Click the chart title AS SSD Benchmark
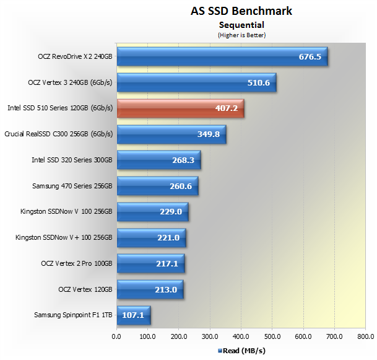[241, 11]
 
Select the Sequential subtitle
[241, 25]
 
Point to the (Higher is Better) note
[241, 35]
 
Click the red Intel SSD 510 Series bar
[181, 108]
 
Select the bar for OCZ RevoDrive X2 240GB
[222, 56]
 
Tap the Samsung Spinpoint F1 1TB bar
[134, 315]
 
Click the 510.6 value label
[259, 83]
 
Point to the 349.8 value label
[209, 134]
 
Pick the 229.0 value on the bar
[171, 212]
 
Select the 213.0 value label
[166, 289]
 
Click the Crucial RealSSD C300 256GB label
[58, 134]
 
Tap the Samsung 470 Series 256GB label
[72, 186]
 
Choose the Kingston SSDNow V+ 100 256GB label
[64, 237]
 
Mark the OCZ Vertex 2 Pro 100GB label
[77, 263]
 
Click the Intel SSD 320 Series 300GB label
[72, 160]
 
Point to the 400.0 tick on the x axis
[241, 336]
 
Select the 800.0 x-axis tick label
[366, 336]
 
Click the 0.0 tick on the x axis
[116, 336]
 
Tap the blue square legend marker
[220, 351]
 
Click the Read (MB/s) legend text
[244, 351]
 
